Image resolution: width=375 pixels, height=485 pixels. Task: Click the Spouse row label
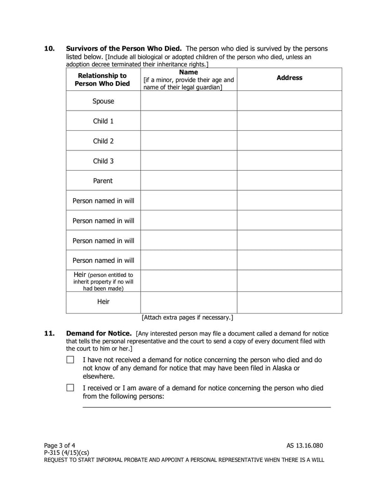103,101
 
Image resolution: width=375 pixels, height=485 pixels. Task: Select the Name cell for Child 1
188,121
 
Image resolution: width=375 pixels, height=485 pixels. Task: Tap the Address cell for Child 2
289,141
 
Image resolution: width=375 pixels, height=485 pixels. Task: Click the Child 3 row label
103,161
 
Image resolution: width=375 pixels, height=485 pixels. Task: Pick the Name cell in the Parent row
188,180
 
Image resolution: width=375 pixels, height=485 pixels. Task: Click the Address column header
289,78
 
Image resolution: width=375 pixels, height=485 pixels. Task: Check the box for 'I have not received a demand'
70,360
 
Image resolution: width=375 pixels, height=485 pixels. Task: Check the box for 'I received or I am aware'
70,388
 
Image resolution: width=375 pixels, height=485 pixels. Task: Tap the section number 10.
49,49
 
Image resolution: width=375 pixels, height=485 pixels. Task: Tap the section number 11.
49,334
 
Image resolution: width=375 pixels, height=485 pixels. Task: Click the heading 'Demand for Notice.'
99,334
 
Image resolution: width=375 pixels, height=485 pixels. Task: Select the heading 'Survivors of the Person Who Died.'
124,49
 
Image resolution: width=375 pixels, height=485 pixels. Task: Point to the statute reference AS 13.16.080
305,445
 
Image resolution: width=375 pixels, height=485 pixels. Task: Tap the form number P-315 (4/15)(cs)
67,452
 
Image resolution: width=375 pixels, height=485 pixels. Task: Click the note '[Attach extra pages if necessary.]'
187,318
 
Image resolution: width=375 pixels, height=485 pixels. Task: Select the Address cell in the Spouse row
289,101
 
